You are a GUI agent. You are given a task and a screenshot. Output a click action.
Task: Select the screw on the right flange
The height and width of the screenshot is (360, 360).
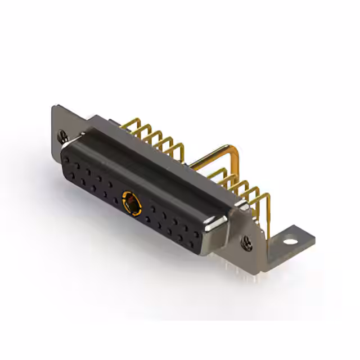point(248,242)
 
